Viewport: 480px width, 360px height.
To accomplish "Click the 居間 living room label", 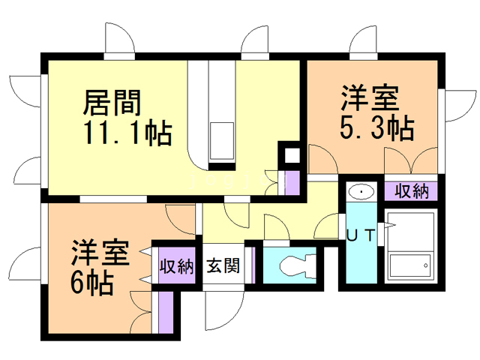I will (x=112, y=100).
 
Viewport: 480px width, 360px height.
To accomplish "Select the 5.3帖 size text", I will (x=377, y=129).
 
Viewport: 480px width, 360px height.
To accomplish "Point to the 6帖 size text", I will (x=93, y=283).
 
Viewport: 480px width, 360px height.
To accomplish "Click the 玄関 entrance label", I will (x=223, y=265).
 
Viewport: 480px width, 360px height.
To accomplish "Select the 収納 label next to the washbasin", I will (x=411, y=190).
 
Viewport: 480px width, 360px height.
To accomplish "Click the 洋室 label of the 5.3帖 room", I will (x=370, y=98).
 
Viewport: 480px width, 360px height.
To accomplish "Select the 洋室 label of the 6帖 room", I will (x=100, y=251).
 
